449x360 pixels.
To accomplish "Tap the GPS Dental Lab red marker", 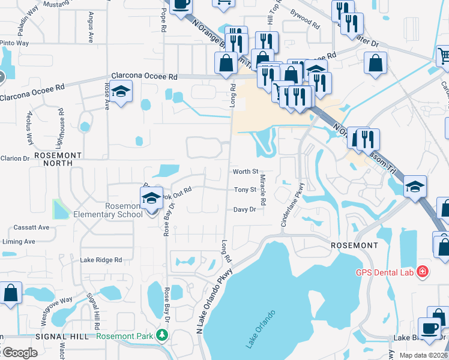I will [x=423, y=272].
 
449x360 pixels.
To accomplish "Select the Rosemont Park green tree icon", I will [x=161, y=334].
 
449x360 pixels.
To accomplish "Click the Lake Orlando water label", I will [x=261, y=329].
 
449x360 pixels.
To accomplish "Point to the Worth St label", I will [x=245, y=172].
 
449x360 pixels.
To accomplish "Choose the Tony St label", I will [x=245, y=190].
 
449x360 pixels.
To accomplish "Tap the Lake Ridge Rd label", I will [x=101, y=260].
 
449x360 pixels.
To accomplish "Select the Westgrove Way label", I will [x=56, y=311].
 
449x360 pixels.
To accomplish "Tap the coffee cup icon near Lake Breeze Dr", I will [x=430, y=328].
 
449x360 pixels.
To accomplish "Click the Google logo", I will [x=20, y=353].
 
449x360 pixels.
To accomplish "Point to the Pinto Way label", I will [x=14, y=43].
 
